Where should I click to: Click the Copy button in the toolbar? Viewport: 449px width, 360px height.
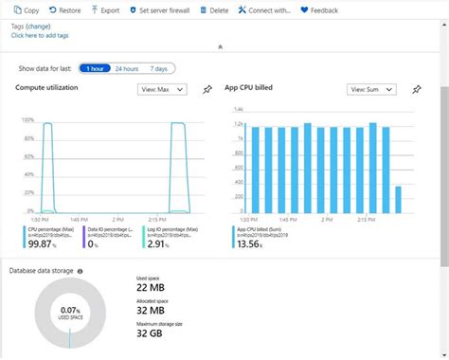(26, 9)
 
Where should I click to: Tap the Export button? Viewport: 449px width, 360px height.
(105, 9)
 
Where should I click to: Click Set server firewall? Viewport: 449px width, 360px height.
(160, 9)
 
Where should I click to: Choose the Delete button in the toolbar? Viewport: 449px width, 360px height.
(213, 9)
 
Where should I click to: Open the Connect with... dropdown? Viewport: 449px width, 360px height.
(264, 9)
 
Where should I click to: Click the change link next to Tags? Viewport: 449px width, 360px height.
(39, 27)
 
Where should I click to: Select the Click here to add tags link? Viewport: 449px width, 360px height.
(39, 35)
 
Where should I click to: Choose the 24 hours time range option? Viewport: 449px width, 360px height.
(127, 68)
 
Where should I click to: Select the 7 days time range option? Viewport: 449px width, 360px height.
(159, 68)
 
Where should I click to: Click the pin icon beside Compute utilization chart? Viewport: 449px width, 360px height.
(207, 90)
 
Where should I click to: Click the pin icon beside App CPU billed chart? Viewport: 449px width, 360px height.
(416, 90)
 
